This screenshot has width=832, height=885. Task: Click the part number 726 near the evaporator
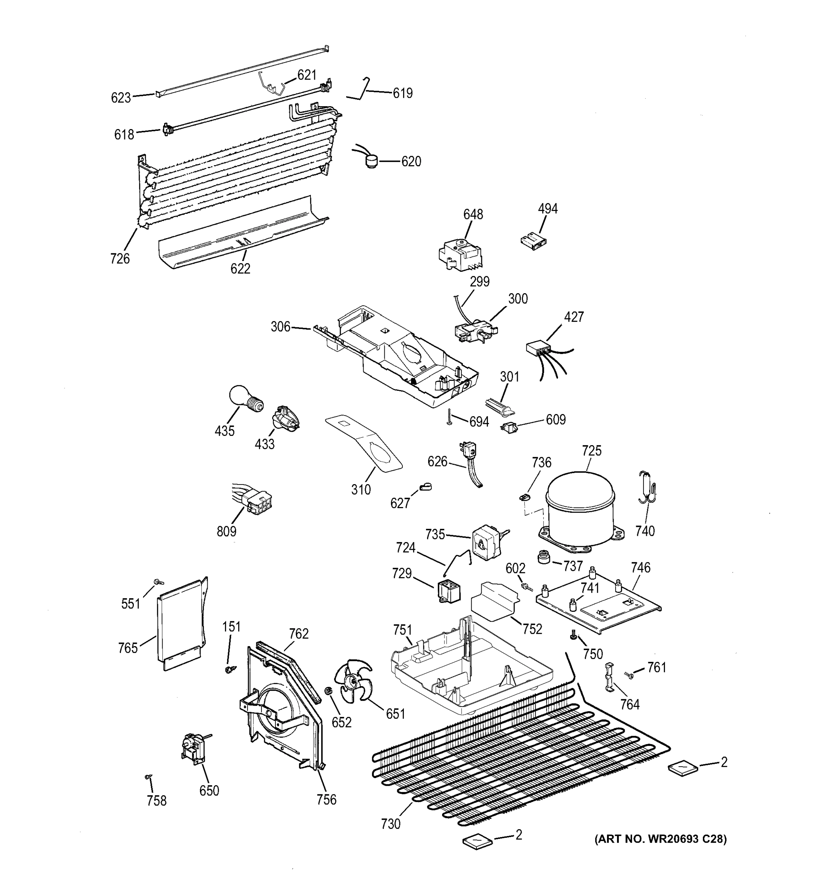click(120, 258)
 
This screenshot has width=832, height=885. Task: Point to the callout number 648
click(473, 215)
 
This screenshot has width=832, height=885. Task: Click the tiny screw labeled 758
click(149, 777)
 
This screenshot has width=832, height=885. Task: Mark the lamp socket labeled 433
click(285, 419)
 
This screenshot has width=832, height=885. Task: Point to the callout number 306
click(280, 327)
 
